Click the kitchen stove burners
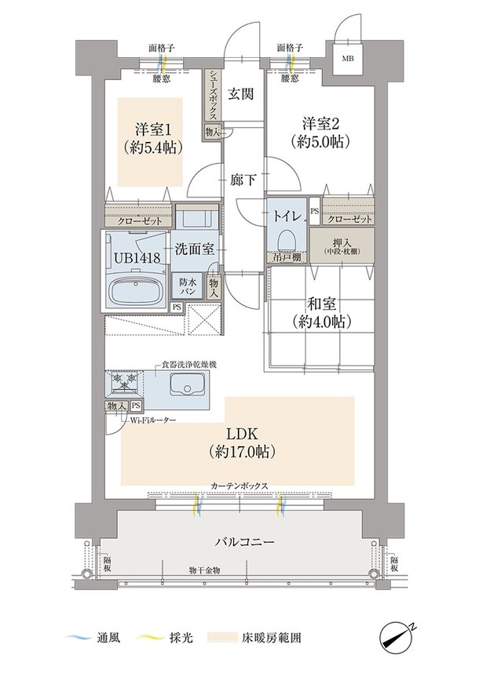(124, 382)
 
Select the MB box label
(346, 59)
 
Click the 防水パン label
(188, 286)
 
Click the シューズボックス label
(214, 95)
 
